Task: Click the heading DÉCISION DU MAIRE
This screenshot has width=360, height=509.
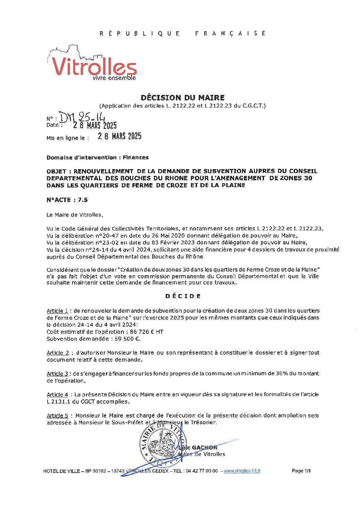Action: [x=182, y=98]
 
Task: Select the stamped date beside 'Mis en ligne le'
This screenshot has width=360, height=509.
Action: [x=119, y=136]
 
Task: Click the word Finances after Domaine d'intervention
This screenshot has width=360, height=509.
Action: [x=135, y=158]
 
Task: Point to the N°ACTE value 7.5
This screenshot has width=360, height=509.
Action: [x=83, y=200]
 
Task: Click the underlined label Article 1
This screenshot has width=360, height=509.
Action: [x=57, y=311]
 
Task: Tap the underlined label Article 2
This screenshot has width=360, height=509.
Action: [x=58, y=353]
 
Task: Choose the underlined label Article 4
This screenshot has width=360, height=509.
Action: [x=57, y=395]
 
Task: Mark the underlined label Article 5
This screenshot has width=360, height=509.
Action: [x=57, y=416]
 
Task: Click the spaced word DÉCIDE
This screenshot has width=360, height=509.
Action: [x=183, y=296]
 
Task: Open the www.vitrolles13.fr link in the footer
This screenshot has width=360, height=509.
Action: [x=242, y=471]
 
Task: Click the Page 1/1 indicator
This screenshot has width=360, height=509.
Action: [x=301, y=471]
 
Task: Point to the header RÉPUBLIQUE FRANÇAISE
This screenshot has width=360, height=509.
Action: [x=182, y=33]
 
